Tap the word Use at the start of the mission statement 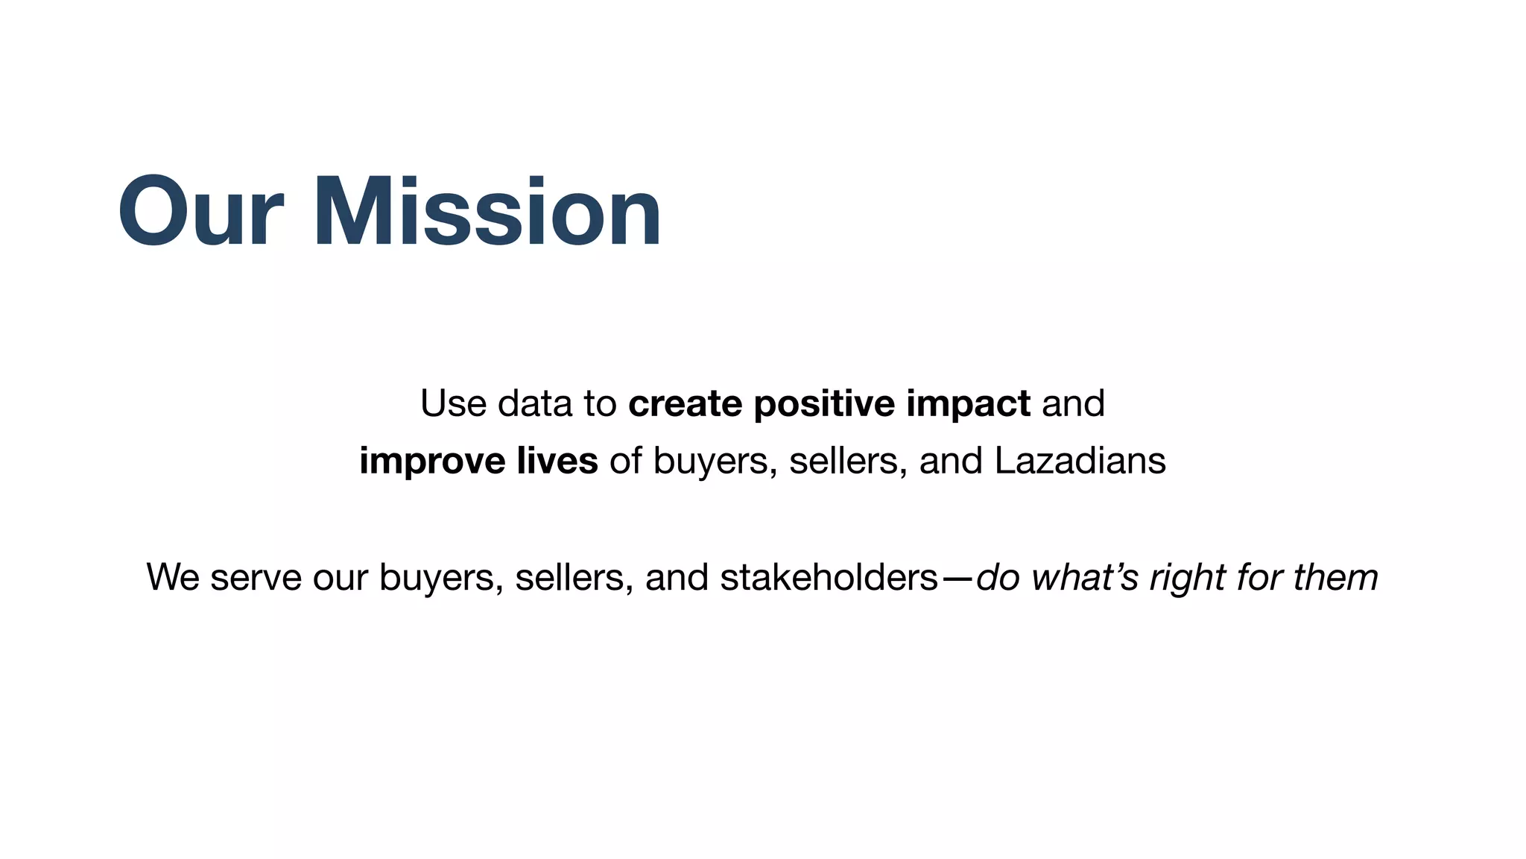453,403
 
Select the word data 535,403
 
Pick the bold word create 685,403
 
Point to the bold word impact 968,403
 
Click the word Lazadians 1080,461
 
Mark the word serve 256,577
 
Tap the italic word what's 1084,577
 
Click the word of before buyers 625,461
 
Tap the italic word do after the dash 997,577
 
